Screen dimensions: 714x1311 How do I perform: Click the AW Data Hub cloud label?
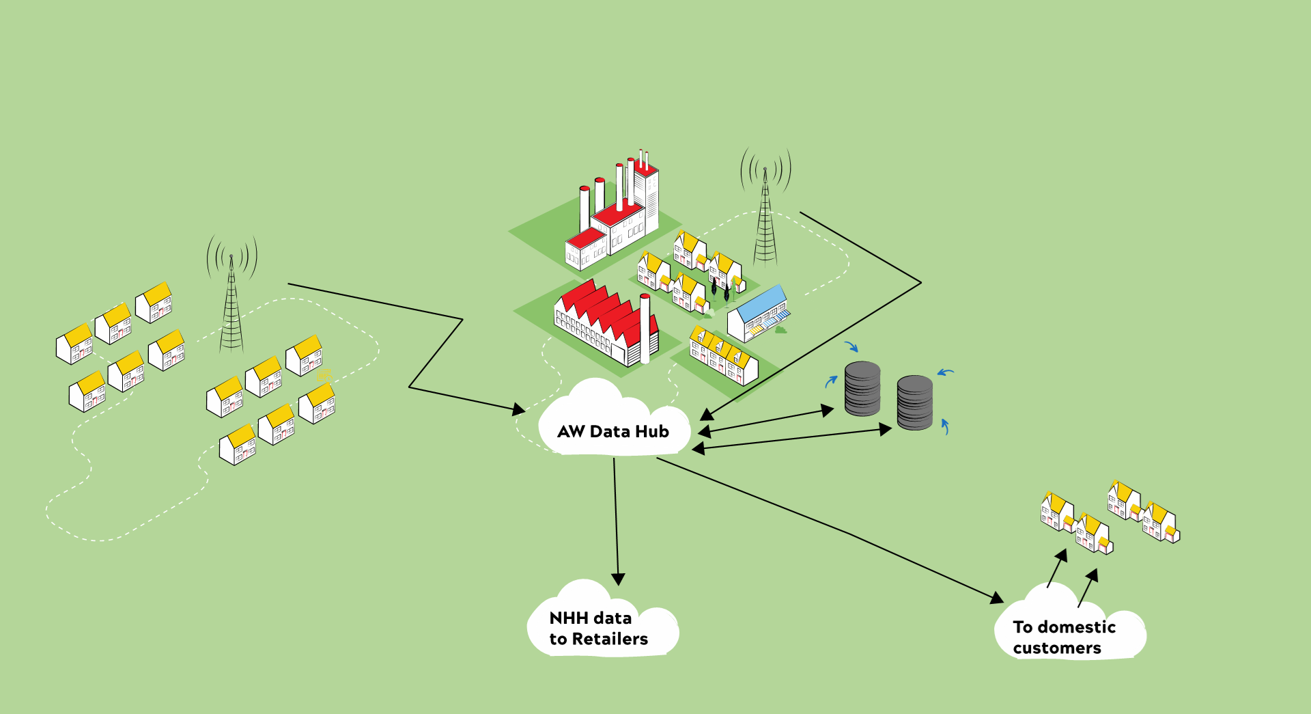[613, 431]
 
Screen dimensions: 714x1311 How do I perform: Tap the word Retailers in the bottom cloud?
[610, 639]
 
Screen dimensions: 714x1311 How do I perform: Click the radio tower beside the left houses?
[231, 301]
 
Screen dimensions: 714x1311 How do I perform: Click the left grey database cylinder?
[862, 389]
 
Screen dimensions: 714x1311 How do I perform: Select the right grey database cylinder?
[914, 402]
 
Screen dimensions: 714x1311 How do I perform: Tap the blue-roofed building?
[758, 314]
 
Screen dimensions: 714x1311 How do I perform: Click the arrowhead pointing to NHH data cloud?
[618, 579]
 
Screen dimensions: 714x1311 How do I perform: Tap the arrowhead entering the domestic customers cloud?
[997, 598]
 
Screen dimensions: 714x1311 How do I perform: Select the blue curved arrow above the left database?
[851, 346]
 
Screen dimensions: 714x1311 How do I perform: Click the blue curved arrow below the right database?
[945, 426]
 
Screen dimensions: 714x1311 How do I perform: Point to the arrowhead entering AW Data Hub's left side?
[519, 409]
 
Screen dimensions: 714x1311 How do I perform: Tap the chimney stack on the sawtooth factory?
[645, 328]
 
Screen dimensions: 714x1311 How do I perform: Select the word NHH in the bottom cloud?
[569, 618]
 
